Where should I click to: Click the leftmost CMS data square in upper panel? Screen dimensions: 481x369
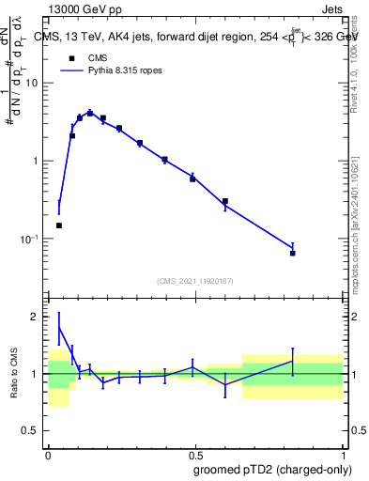[x=59, y=225]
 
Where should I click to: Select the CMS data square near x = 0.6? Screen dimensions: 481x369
[x=225, y=201]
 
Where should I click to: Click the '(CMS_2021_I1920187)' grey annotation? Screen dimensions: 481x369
[x=194, y=280]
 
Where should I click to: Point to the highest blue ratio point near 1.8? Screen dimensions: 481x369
[x=59, y=328]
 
